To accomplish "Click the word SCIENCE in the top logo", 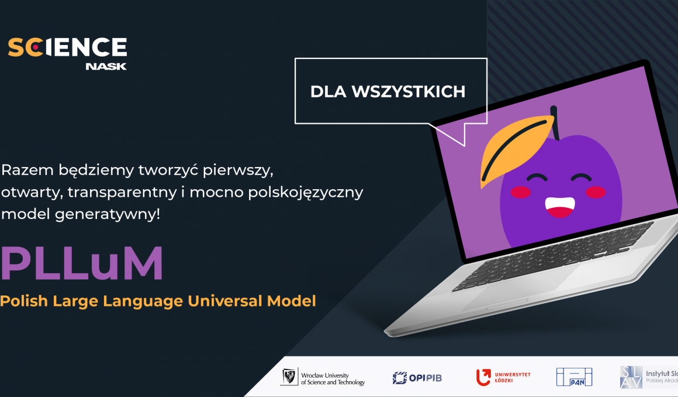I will tap(67, 47).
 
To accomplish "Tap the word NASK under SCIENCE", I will tap(106, 66).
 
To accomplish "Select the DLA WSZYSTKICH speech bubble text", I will tap(388, 92).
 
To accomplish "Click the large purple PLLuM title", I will tap(82, 264).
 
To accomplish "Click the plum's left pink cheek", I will tap(520, 190).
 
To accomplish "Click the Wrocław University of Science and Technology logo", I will tap(323, 377).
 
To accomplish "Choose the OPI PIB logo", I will tap(417, 378).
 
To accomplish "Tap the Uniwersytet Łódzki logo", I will tap(503, 377).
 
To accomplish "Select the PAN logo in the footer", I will tap(574, 377).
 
